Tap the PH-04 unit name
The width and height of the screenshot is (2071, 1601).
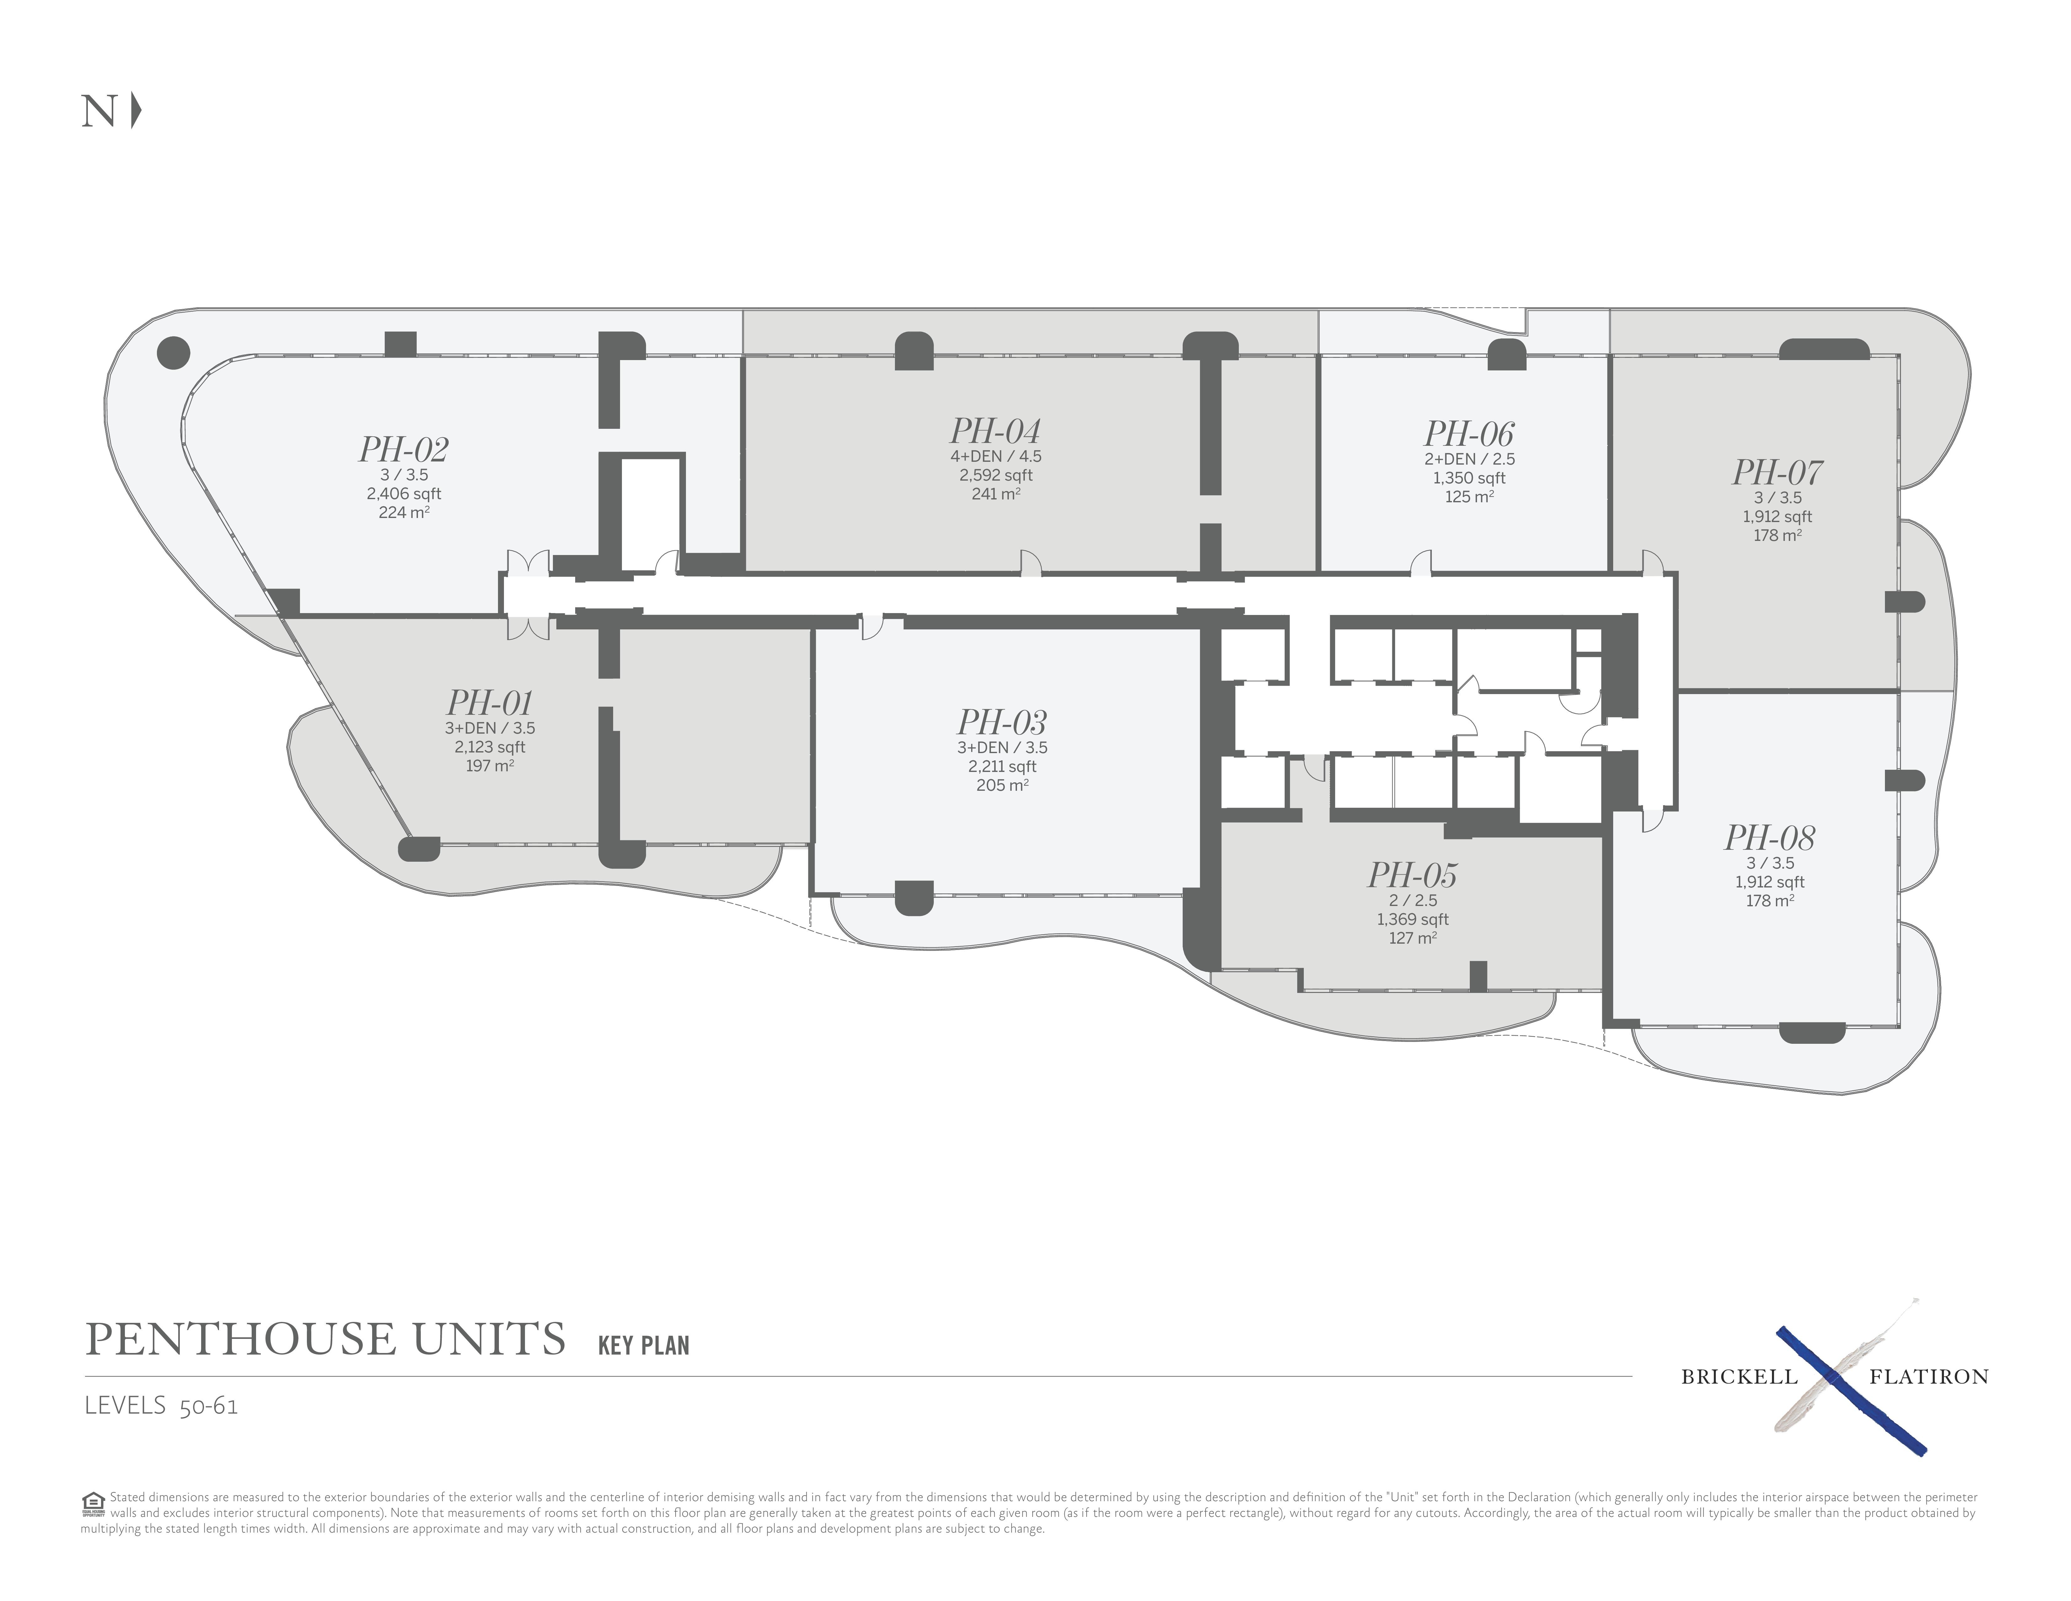tap(996, 432)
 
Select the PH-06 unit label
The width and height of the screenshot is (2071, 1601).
tap(1469, 434)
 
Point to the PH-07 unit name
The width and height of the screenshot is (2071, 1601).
tap(1777, 472)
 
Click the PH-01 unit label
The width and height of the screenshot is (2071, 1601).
tap(489, 703)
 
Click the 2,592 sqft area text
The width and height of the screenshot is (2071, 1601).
tap(996, 475)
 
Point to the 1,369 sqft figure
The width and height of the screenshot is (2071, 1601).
tap(1413, 919)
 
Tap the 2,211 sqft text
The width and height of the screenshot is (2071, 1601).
tap(1002, 766)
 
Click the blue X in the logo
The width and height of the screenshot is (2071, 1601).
tap(1850, 1390)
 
